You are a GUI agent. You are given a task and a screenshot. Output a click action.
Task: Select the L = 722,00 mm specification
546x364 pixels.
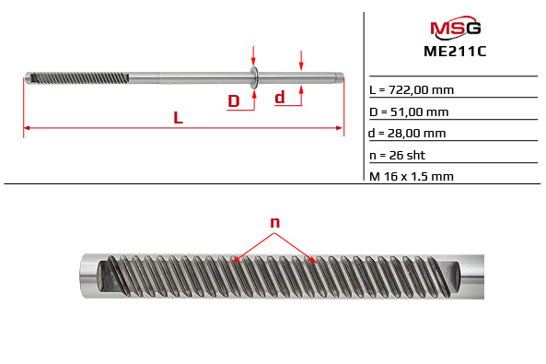click(411, 89)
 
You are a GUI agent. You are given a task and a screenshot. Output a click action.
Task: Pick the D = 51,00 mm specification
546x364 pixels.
click(409, 112)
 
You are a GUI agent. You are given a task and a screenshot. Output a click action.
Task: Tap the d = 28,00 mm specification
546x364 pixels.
click(408, 134)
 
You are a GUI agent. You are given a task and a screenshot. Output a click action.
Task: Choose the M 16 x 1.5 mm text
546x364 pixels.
click(411, 176)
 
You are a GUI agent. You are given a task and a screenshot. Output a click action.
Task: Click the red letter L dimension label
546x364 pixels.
click(178, 117)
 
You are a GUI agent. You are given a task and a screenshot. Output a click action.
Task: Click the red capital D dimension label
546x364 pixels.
click(234, 100)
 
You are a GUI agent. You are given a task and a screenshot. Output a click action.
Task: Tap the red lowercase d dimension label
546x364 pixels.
click(280, 97)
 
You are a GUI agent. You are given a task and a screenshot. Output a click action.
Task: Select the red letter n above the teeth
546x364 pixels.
click(274, 222)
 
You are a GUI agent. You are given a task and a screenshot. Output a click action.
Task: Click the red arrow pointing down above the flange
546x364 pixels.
click(253, 57)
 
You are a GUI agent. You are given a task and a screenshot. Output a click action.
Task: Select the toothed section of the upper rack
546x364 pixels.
click(78, 76)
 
